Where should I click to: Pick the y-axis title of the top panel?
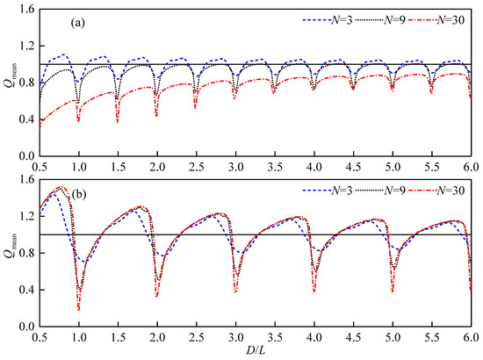11,83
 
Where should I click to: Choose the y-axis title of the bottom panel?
11,254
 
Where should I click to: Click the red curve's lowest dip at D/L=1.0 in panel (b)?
78,309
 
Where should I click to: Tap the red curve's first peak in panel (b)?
61,187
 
